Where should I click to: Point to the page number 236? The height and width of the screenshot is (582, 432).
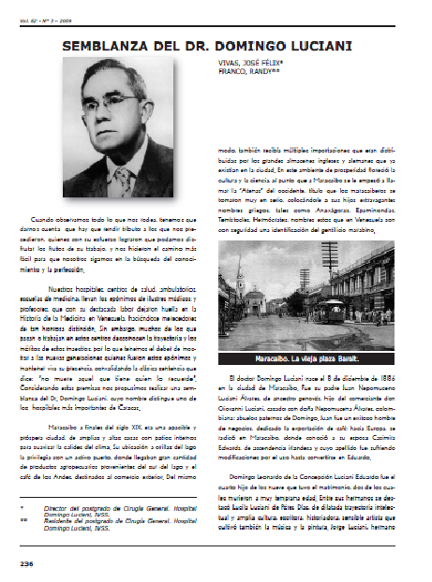26,563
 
